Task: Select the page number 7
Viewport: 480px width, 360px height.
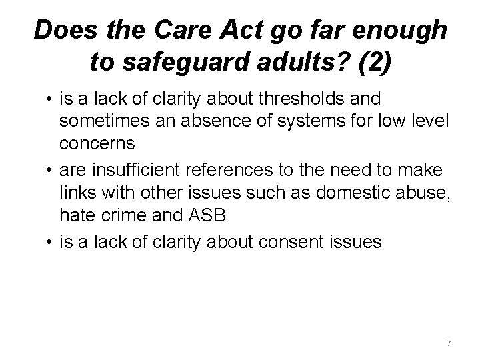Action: pos(449,343)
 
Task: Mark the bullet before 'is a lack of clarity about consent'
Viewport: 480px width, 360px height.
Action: pos(49,240)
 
